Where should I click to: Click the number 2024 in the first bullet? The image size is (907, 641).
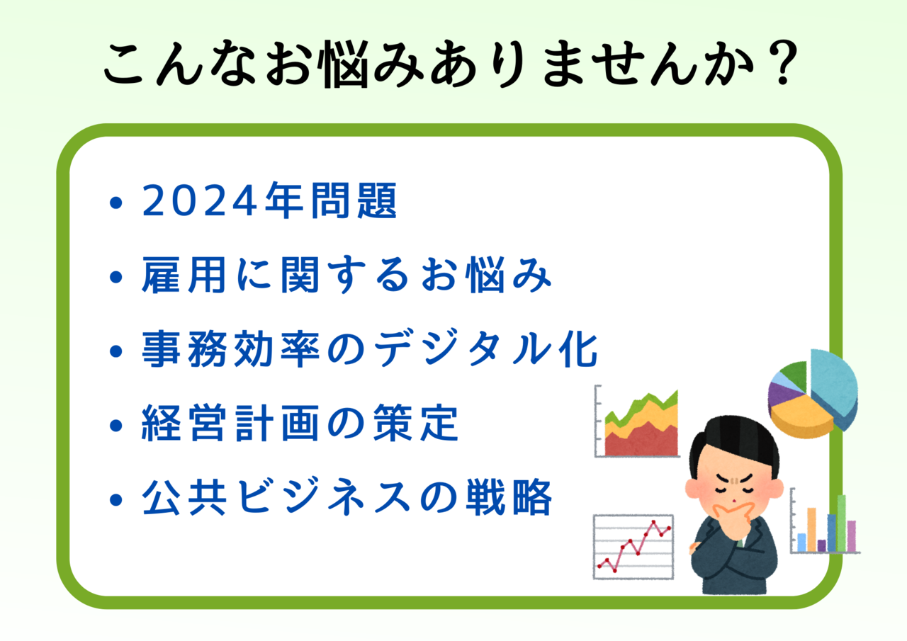tap(199, 200)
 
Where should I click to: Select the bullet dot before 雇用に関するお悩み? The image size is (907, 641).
tap(116, 277)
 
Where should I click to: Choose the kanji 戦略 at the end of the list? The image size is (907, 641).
tap(509, 497)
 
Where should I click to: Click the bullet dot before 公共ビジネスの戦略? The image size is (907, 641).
tap(116, 500)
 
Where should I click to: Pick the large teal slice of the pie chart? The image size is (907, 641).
tap(834, 385)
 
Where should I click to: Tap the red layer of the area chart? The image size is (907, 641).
tap(642, 442)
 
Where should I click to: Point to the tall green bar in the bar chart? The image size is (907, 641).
tap(841, 523)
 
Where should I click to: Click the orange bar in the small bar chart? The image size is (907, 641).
tap(811, 530)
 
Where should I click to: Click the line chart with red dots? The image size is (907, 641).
tap(633, 547)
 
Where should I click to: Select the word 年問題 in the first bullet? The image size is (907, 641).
tap(331, 200)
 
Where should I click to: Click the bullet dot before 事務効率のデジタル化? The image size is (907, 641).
tap(116, 351)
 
